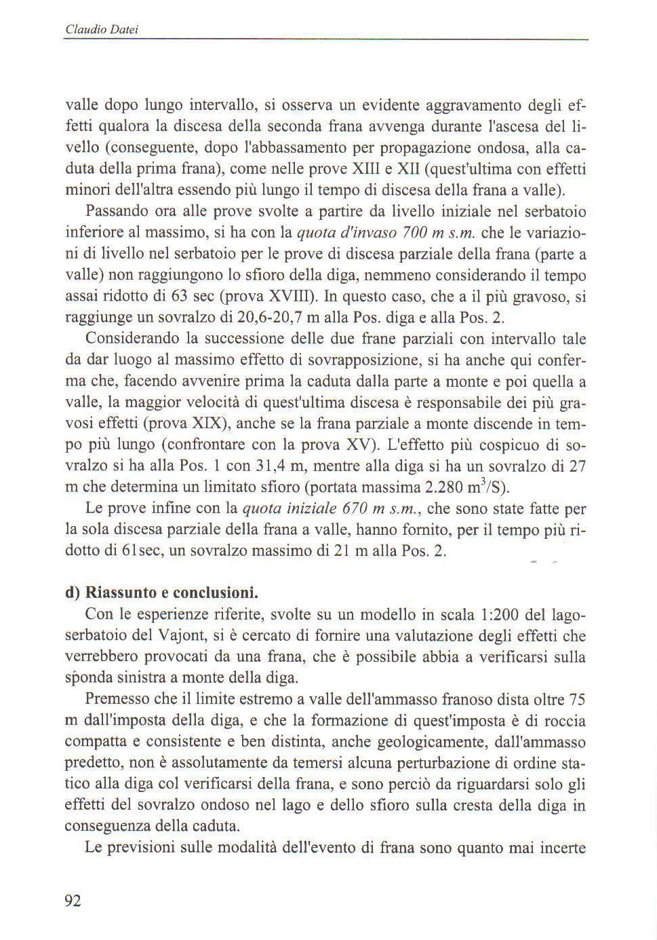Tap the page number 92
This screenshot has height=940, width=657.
tap(73, 901)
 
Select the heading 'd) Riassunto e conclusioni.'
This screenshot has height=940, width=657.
tap(162, 593)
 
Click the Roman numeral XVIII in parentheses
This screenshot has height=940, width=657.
tap(290, 297)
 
